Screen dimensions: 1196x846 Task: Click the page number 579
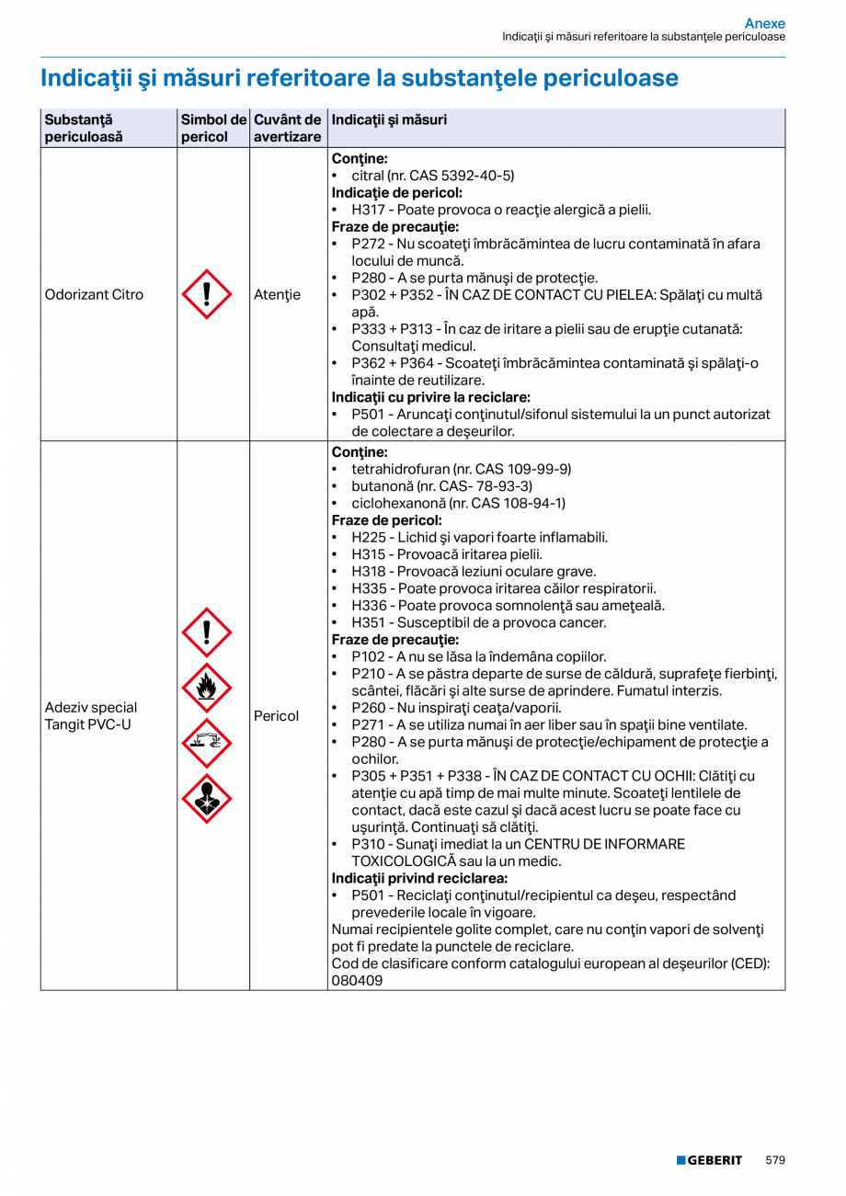point(775,1160)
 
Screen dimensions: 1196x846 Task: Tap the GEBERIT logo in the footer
point(709,1160)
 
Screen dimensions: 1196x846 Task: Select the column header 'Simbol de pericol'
point(213,128)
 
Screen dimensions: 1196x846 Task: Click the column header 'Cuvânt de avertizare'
point(288,128)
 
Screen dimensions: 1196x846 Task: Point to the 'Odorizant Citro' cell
point(94,295)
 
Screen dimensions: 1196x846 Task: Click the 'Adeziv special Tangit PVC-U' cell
point(91,716)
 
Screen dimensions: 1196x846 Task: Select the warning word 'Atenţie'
point(277,295)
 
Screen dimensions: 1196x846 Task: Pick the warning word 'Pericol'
point(276,716)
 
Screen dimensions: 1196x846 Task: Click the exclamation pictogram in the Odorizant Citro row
point(207,294)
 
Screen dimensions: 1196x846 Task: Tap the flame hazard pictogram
point(207,688)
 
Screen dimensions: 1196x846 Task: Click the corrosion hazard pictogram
point(207,743)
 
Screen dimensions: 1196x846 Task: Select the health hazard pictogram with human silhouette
point(207,799)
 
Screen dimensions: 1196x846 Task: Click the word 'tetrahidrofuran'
point(397,469)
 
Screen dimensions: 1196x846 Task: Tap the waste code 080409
point(357,981)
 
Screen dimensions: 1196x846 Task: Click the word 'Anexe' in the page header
point(764,23)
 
